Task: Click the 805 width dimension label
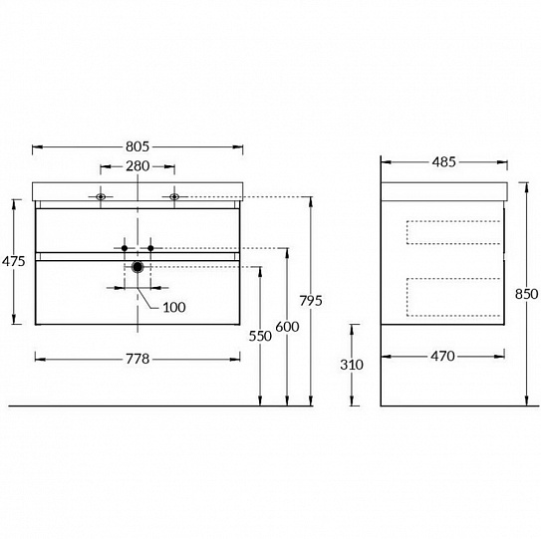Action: pos(137,146)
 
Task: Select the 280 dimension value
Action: pos(137,166)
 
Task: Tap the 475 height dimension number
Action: pos(14,261)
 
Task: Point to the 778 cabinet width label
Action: pos(137,359)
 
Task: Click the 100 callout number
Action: pos(174,307)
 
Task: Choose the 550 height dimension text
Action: pos(260,336)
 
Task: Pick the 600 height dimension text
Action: pos(287,327)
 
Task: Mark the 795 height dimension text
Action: pos(311,301)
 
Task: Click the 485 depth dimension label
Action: pos(443,161)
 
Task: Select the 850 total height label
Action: pos(526,294)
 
